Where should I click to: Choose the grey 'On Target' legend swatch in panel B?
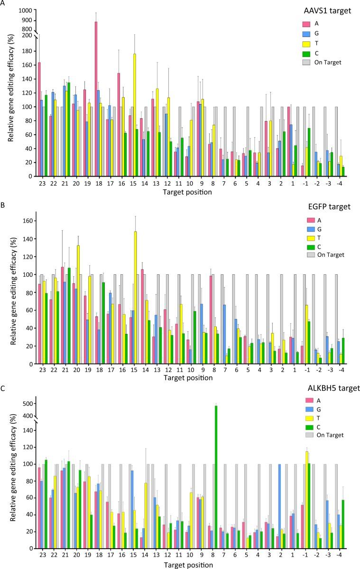(x=307, y=255)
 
